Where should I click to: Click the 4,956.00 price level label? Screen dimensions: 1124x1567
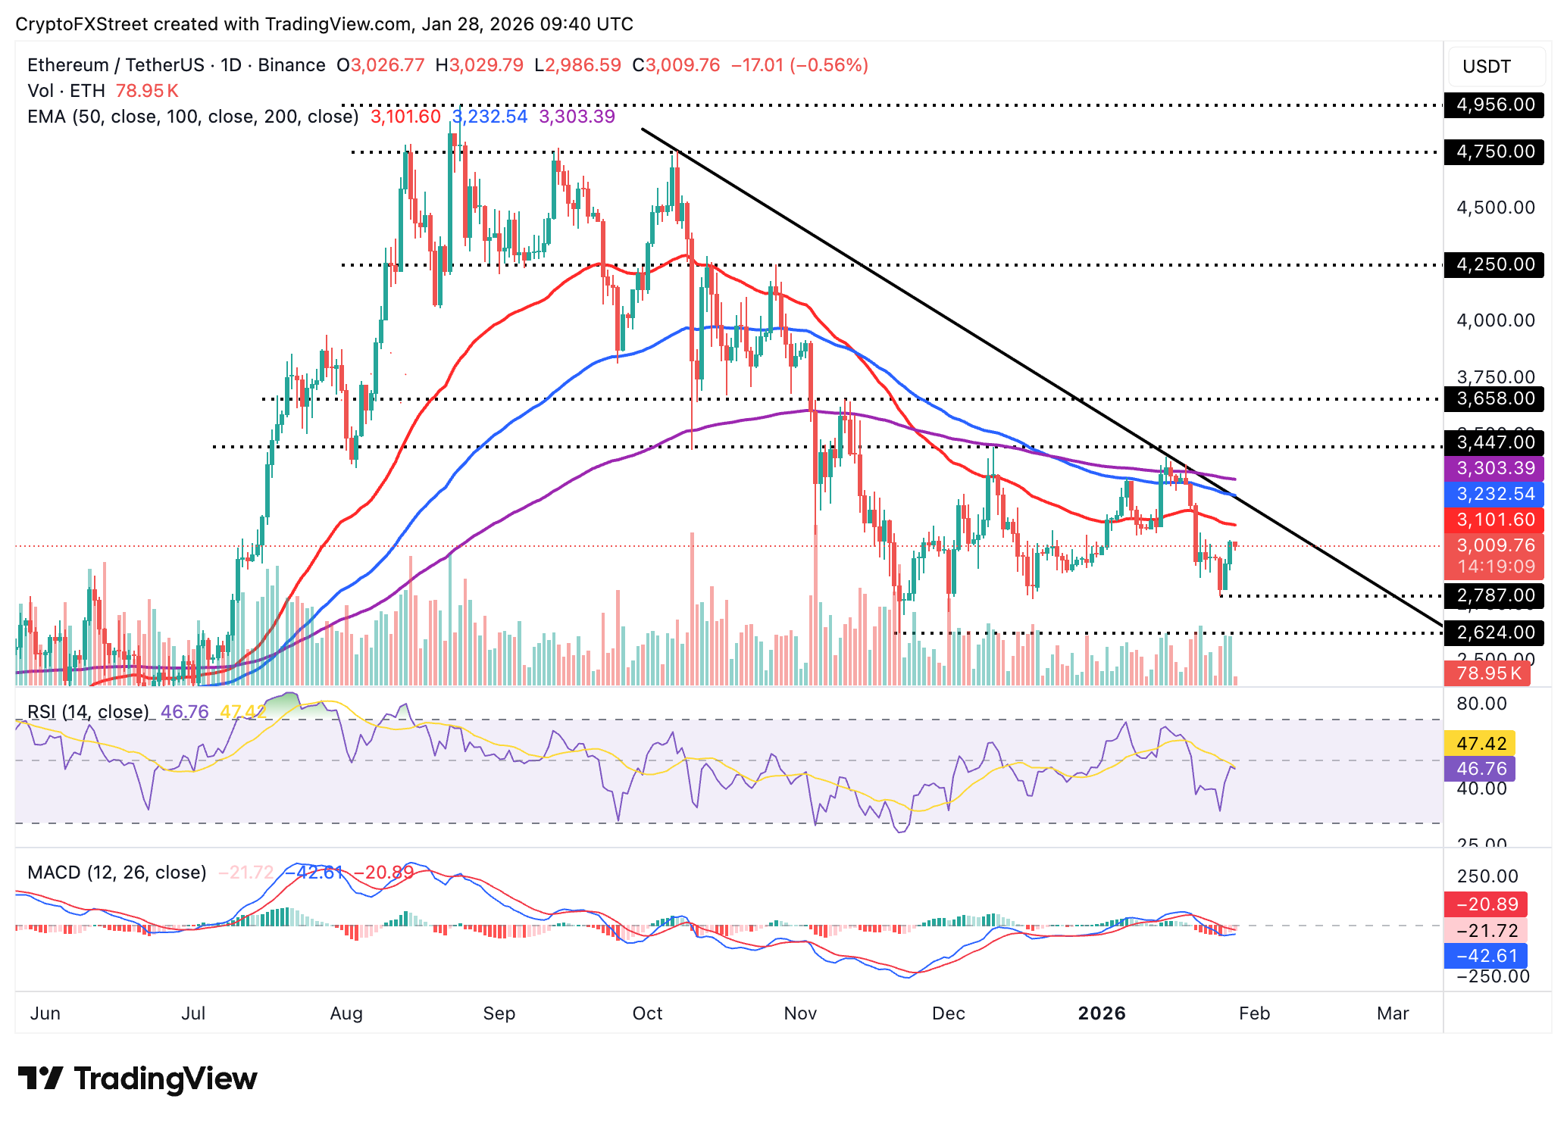(1494, 105)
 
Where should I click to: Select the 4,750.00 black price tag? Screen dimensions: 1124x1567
(1494, 151)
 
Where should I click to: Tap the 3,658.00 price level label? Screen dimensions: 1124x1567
(1494, 398)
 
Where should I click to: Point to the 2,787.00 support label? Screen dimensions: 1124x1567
(1494, 595)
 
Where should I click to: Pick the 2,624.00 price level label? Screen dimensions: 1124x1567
(1494, 632)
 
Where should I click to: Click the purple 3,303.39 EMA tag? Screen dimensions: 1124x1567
(1494, 468)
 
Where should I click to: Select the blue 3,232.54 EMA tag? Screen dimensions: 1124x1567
(1494, 494)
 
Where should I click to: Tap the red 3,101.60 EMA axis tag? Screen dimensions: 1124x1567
(1494, 520)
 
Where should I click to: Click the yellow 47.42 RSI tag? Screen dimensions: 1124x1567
(1481, 743)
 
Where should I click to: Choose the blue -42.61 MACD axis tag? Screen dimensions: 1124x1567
(1486, 956)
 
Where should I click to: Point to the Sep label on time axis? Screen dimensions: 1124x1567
(499, 1013)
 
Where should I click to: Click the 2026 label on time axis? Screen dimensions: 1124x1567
(1101, 1013)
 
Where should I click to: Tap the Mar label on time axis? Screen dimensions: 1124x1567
(1392, 1013)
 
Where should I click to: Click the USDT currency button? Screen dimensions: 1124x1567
(1487, 67)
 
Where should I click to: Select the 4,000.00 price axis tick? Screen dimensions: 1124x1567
(1495, 320)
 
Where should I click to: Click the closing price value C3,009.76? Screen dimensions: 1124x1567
(677, 65)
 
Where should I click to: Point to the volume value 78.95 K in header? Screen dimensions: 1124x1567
(147, 91)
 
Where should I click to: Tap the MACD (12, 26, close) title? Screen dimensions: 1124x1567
(117, 873)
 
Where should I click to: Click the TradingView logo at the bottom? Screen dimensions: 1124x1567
(137, 1079)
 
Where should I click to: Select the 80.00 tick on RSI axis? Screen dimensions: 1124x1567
(1481, 704)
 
